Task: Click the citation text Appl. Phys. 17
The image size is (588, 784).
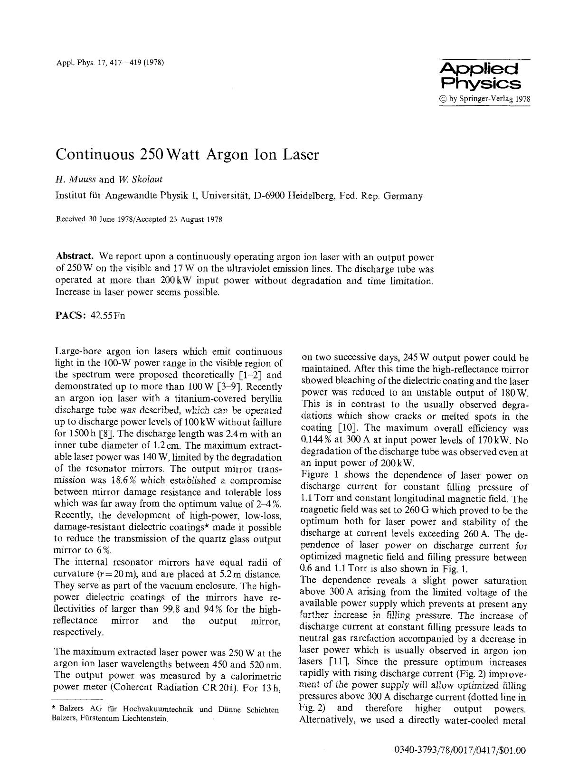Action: [x=79, y=63]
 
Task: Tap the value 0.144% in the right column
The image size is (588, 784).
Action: [x=316, y=440]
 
